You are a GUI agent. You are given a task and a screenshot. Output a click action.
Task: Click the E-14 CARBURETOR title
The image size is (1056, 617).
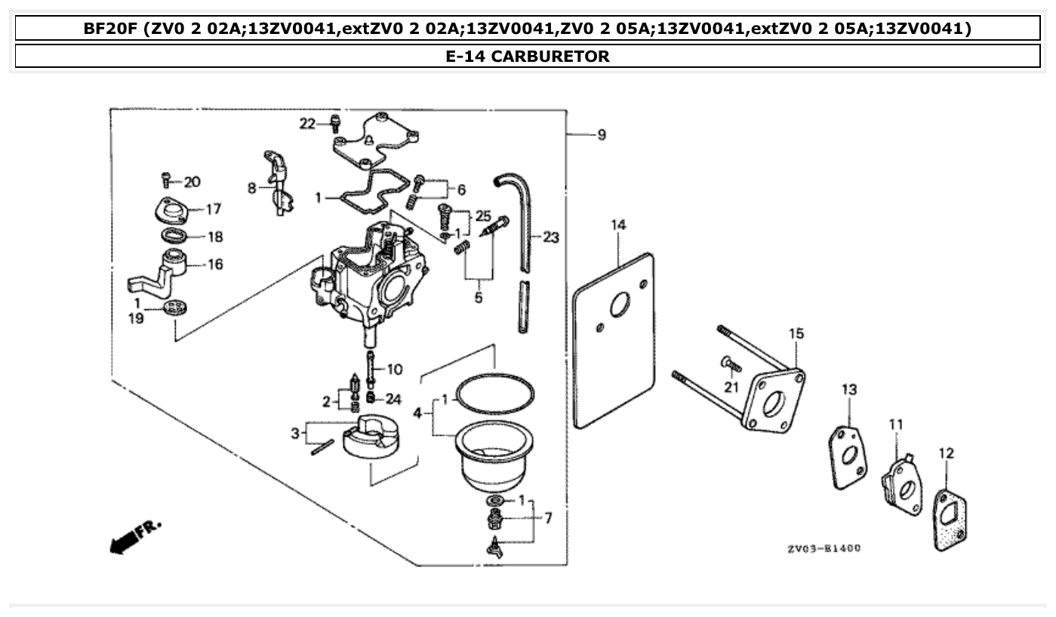pyautogui.click(x=528, y=56)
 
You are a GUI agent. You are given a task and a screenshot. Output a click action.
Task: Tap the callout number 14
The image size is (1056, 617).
pyautogui.click(x=618, y=225)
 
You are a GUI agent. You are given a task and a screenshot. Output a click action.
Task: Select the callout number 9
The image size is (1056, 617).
pyautogui.click(x=601, y=135)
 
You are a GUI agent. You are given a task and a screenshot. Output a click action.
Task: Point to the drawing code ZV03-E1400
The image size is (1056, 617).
pyautogui.click(x=823, y=549)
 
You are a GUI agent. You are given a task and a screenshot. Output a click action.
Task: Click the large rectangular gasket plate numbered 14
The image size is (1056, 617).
pyautogui.click(x=613, y=339)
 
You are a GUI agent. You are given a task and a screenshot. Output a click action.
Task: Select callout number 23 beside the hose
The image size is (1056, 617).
pyautogui.click(x=551, y=238)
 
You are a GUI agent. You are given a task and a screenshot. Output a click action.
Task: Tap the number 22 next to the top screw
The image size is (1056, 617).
pyautogui.click(x=306, y=124)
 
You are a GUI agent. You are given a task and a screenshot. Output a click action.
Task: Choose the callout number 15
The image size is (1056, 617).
pyautogui.click(x=796, y=333)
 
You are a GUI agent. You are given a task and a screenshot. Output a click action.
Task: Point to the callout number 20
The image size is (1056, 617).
pyautogui.click(x=192, y=181)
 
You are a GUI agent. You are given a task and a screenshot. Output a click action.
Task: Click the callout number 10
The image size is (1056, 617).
pyautogui.click(x=395, y=370)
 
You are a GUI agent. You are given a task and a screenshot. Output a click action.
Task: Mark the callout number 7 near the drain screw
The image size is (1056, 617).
pyautogui.click(x=548, y=518)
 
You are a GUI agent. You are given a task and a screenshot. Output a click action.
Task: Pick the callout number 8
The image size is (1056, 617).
pyautogui.click(x=252, y=188)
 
